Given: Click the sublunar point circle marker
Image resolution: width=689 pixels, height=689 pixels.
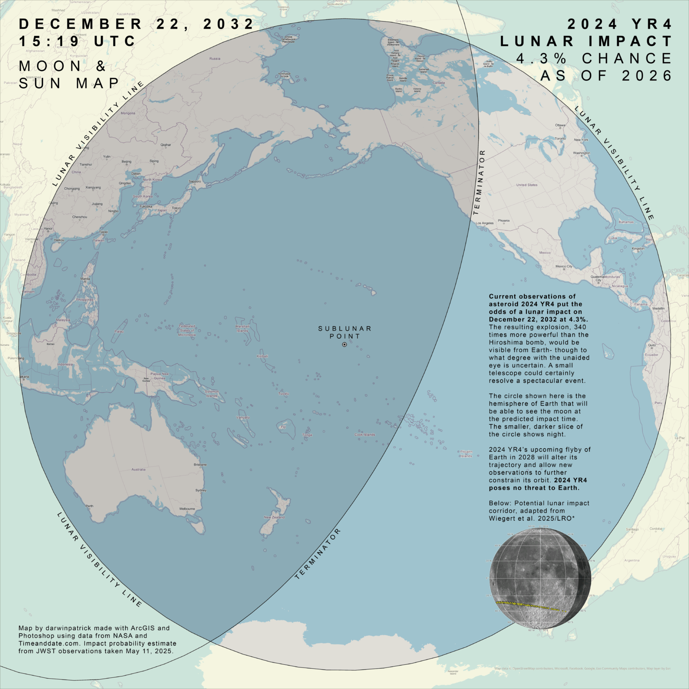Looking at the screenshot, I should [344, 344].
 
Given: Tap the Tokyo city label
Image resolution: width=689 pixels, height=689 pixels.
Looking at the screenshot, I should [176, 208].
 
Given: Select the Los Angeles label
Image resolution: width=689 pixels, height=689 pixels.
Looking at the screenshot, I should [484, 223].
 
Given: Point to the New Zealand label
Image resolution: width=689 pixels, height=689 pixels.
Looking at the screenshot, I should [274, 517].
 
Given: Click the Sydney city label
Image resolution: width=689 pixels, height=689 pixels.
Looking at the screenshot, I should [201, 490].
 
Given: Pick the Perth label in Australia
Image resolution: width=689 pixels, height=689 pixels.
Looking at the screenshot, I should [90, 506].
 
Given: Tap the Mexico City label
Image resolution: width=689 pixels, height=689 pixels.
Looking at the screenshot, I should [564, 266].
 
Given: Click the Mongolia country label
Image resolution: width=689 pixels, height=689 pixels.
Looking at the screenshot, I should [128, 113].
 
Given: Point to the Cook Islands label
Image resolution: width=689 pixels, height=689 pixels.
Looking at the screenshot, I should [365, 435].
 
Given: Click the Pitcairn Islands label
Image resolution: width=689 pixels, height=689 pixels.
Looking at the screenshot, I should [466, 454].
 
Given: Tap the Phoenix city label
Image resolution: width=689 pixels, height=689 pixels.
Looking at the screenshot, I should [504, 221].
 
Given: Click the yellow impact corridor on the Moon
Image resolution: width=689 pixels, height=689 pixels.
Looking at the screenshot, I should [529, 606].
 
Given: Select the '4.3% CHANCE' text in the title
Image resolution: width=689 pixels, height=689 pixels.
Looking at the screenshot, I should [594, 58].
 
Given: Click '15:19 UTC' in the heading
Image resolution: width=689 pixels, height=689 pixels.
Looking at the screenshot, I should [77, 41].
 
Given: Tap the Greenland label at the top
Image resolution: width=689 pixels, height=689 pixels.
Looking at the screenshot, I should [404, 21].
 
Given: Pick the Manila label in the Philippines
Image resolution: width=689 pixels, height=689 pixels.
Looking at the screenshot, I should [85, 279].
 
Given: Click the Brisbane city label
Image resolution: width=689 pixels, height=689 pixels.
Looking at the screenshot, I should [200, 465].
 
